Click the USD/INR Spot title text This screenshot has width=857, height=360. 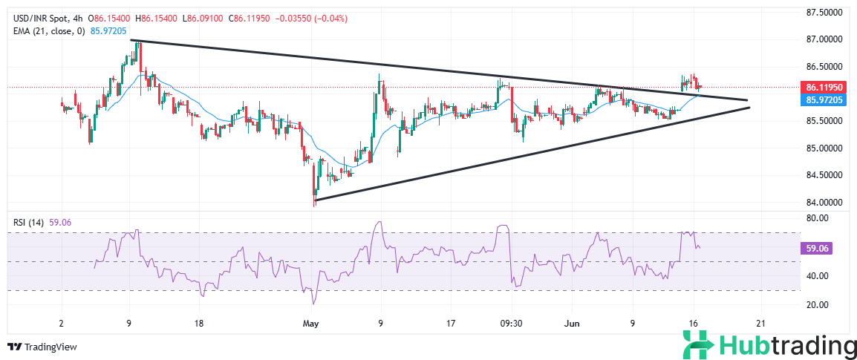(37, 18)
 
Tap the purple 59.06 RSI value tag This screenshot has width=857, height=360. (817, 249)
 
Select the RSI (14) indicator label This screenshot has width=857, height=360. (28, 220)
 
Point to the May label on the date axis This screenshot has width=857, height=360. (311, 324)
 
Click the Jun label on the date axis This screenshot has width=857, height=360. (570, 324)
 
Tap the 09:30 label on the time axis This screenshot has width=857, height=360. (512, 324)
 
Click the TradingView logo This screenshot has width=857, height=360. (42, 347)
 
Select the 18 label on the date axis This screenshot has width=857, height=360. (198, 324)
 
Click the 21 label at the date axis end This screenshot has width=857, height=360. (760, 324)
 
